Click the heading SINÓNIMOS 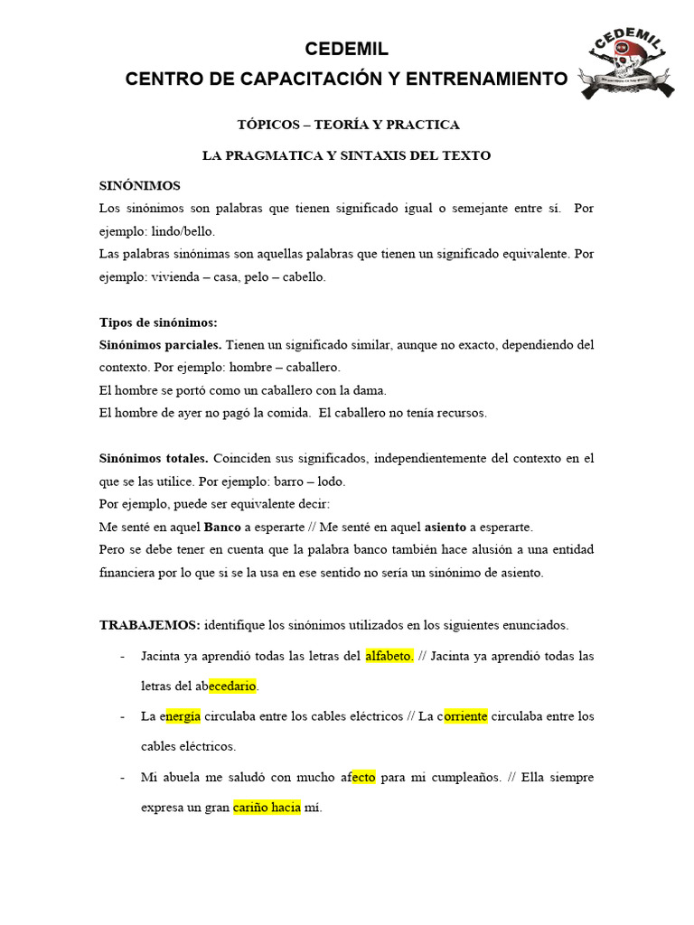coord(139,185)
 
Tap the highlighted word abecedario coord(233,686)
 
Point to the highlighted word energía coord(183,716)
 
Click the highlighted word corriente coord(464,716)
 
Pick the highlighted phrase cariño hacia coord(267,808)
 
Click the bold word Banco coord(223,527)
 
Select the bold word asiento coord(445,527)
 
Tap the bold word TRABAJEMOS coord(149,624)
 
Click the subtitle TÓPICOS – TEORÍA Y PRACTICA coord(347,125)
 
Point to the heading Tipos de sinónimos coord(157,322)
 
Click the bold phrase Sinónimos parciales coord(160,345)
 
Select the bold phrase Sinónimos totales coord(154,459)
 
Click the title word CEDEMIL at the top coord(347,49)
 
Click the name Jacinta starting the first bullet coord(164,656)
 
